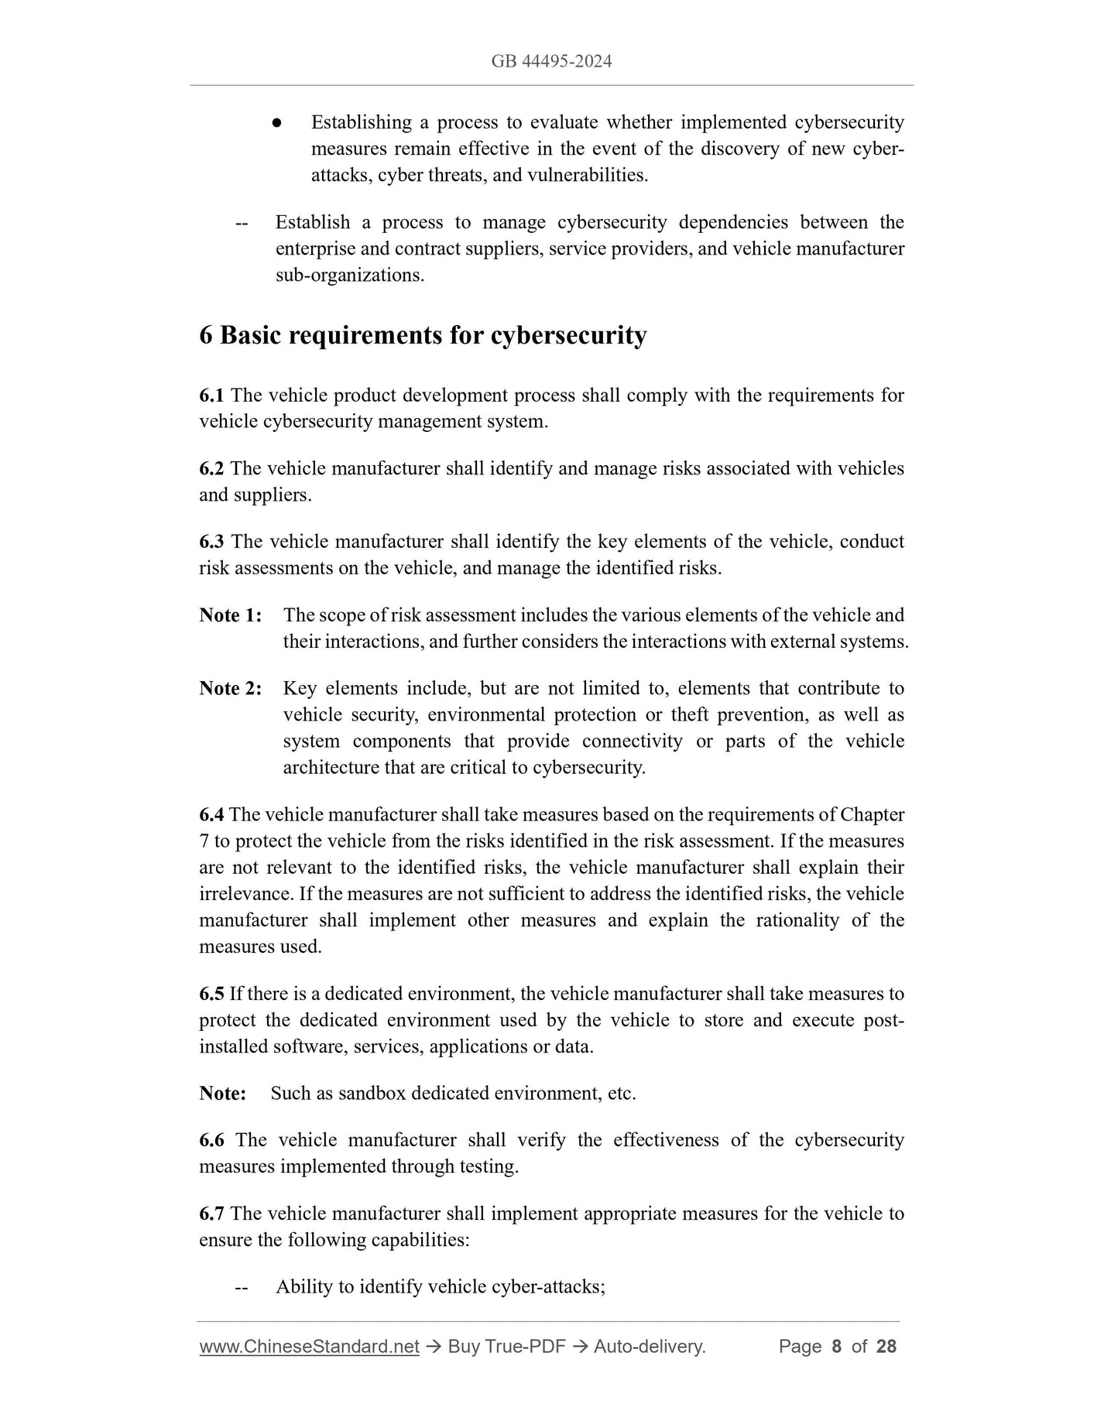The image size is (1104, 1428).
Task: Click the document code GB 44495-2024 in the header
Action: coord(551,61)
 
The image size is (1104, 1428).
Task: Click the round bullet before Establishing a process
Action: coord(276,123)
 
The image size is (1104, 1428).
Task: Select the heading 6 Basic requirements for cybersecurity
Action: coord(423,335)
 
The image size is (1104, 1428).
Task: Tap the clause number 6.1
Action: coord(211,396)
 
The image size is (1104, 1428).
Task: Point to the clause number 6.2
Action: coord(211,468)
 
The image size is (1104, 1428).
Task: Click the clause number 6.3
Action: coord(211,542)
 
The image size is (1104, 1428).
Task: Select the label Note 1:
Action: coord(231,615)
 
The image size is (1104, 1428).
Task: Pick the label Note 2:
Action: coord(231,688)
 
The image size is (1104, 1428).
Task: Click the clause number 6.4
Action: coord(211,814)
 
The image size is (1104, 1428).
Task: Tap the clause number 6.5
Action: coord(211,993)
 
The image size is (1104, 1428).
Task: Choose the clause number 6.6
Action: coord(211,1140)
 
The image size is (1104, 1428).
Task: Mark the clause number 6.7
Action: coord(211,1213)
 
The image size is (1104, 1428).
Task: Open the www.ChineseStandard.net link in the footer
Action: coord(309,1347)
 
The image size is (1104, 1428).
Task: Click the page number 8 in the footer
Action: coord(836,1347)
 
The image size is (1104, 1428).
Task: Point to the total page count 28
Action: coord(886,1347)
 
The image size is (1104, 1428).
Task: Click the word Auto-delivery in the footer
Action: coord(649,1347)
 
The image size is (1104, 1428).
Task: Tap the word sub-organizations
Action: coord(349,275)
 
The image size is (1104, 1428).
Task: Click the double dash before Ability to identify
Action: coord(241,1287)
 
